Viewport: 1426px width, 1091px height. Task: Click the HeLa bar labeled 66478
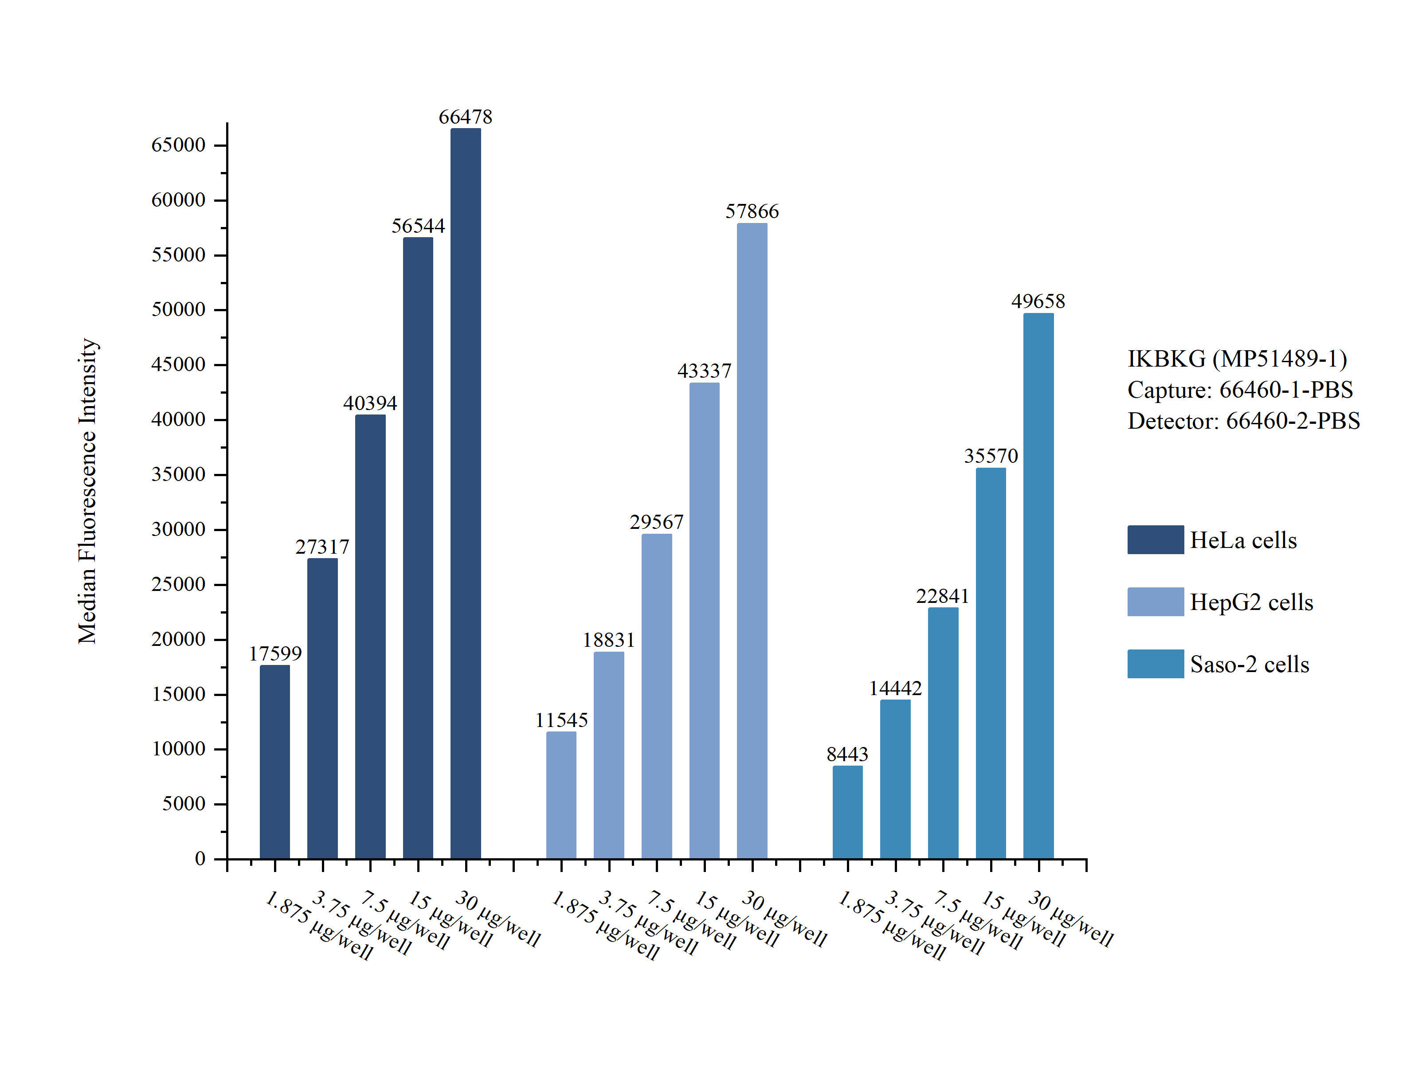pyautogui.click(x=466, y=493)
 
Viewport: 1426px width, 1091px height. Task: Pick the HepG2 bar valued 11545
pyautogui.click(x=561, y=795)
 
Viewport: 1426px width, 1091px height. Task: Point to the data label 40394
pyautogui.click(x=370, y=403)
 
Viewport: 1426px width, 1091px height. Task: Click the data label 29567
pyautogui.click(x=657, y=522)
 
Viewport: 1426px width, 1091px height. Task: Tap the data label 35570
pyautogui.click(x=991, y=456)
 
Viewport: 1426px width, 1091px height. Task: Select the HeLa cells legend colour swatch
pyautogui.click(x=1155, y=540)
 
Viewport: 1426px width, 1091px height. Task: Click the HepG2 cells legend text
pyautogui.click(x=1251, y=602)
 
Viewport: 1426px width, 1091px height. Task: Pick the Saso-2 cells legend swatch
pyautogui.click(x=1155, y=664)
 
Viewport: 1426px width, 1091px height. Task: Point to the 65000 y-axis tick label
pyautogui.click(x=178, y=145)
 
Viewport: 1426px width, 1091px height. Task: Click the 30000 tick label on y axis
pyautogui.click(x=178, y=529)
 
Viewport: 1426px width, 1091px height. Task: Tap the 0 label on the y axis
pyautogui.click(x=200, y=859)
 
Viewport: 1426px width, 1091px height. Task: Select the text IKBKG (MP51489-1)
pyautogui.click(x=1237, y=359)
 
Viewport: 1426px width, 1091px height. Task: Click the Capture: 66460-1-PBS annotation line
pyautogui.click(x=1240, y=390)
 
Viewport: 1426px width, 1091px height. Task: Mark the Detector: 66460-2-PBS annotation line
pyautogui.click(x=1243, y=421)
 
